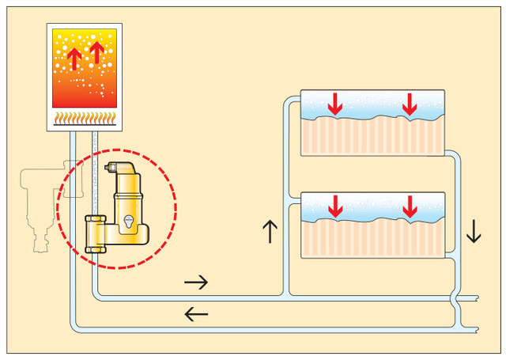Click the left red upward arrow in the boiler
click(74, 59)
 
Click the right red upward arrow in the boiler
click(96, 53)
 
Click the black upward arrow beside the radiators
click(270, 231)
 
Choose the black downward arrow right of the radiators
click(474, 231)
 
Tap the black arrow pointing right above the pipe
click(196, 281)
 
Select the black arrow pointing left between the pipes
click(196, 314)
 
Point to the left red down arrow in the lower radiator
click(335, 206)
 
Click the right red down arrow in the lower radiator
click(410, 206)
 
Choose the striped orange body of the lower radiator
click(372, 237)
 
